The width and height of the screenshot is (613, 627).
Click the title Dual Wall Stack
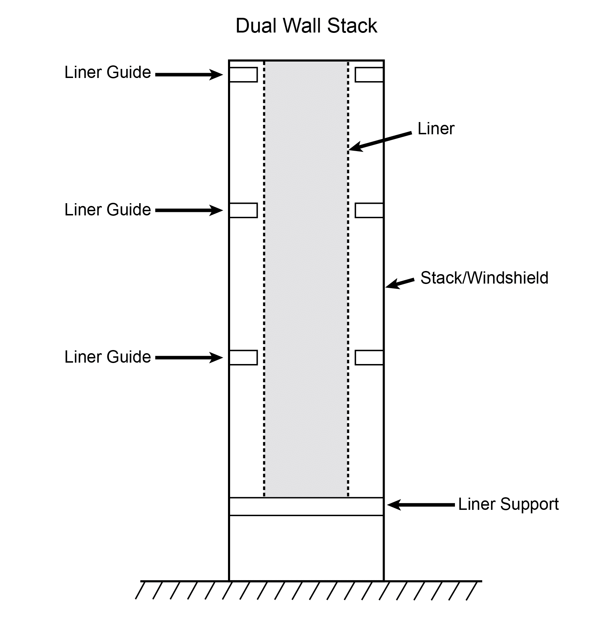tap(306, 26)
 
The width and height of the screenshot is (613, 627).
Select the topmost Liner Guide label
tap(107, 73)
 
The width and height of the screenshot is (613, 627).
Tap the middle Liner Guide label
tap(107, 210)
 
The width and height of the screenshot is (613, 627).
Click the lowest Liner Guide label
tap(107, 357)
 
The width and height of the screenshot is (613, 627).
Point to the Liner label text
tap(436, 129)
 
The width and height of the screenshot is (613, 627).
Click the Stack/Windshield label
tap(484, 278)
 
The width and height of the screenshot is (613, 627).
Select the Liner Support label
tap(508, 504)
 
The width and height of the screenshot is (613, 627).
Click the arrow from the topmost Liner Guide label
tap(189, 74)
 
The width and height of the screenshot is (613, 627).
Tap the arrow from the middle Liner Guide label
tap(189, 210)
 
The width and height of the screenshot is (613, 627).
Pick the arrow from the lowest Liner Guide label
tap(189, 358)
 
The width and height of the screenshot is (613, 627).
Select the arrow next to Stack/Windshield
tap(400, 283)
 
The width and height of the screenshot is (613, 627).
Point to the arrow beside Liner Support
tap(421, 505)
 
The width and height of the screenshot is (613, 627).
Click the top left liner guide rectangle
tap(243, 75)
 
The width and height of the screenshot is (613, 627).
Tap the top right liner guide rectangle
tap(369, 75)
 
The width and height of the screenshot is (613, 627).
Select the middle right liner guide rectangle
tap(369, 211)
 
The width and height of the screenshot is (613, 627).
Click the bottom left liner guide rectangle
tap(243, 358)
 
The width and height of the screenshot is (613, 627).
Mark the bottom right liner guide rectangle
tap(369, 358)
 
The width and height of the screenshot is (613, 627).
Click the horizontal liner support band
tap(306, 506)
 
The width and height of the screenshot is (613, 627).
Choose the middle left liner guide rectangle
tap(243, 211)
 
